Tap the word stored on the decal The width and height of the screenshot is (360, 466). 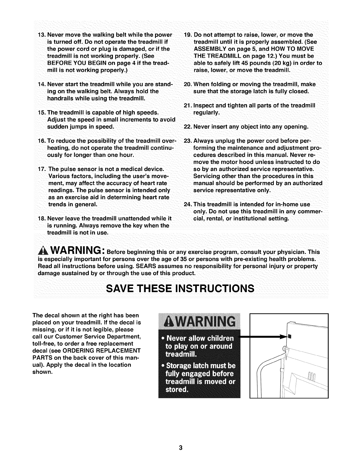point(177,390)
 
